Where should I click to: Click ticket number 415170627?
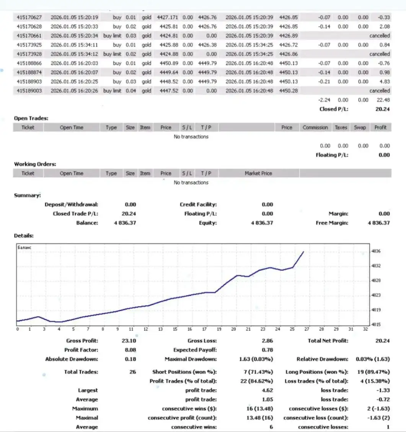(29, 17)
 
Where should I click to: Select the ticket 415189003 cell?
(29, 91)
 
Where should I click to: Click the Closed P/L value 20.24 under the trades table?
(383, 109)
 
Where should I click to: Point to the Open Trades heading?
(31, 118)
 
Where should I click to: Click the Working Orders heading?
(35, 164)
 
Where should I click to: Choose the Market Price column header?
(258, 173)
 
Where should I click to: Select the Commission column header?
(315, 128)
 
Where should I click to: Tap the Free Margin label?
(332, 223)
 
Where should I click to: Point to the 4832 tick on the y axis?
(376, 266)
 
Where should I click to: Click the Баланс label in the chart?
(24, 248)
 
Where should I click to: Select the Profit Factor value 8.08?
(130, 350)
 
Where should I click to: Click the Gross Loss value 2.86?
(267, 341)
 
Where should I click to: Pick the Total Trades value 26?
(133, 372)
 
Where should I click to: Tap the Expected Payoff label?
(195, 350)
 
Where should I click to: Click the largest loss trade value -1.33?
(382, 390)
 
